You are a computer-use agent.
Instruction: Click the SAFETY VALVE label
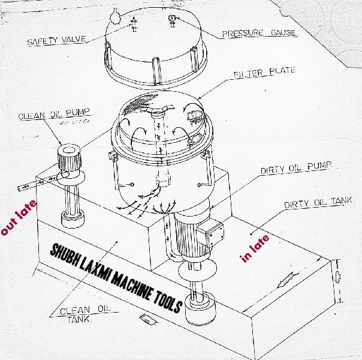[56, 41]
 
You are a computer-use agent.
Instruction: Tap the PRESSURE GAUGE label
[260, 34]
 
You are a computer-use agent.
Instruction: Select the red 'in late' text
[255, 248]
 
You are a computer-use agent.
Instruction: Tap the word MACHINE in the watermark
[131, 283]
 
